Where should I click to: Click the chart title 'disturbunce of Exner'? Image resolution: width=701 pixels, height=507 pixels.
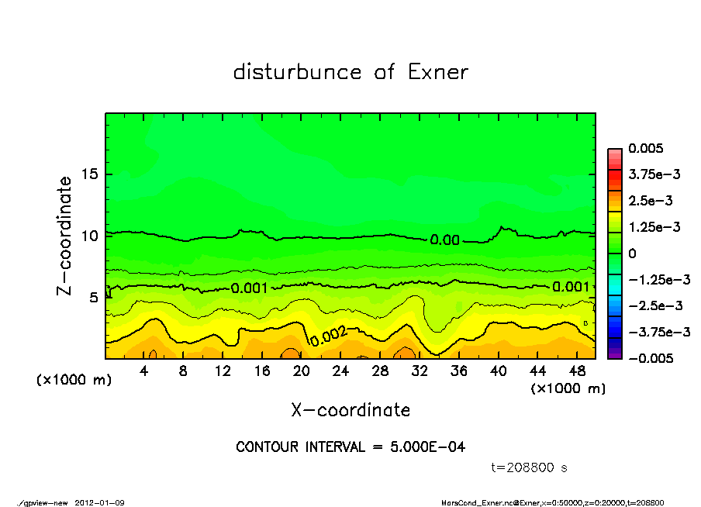pos(350,72)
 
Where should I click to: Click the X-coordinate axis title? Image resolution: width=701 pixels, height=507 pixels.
pos(350,409)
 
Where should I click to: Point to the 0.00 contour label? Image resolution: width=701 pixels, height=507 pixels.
pos(445,240)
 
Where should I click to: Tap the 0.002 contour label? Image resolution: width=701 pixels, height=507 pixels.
pos(329,336)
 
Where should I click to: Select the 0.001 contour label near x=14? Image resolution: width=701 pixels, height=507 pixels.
pos(250,288)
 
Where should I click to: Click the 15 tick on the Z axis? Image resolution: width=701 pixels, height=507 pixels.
pos(89,174)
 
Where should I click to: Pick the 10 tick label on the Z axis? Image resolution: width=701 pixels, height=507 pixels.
pos(89,235)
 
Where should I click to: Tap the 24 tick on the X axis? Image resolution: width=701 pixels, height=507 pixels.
pos(340,371)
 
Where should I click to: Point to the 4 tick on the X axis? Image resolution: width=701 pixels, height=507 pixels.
pos(143,371)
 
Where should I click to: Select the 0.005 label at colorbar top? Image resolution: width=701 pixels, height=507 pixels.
pos(646,148)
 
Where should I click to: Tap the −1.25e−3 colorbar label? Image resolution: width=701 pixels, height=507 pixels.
pos(659,279)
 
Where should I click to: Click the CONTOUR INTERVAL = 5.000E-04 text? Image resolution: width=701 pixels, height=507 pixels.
pos(350,447)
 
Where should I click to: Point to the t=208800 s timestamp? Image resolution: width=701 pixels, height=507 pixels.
pos(530,467)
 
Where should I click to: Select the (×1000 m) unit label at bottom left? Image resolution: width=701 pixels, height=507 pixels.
pos(74,380)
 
